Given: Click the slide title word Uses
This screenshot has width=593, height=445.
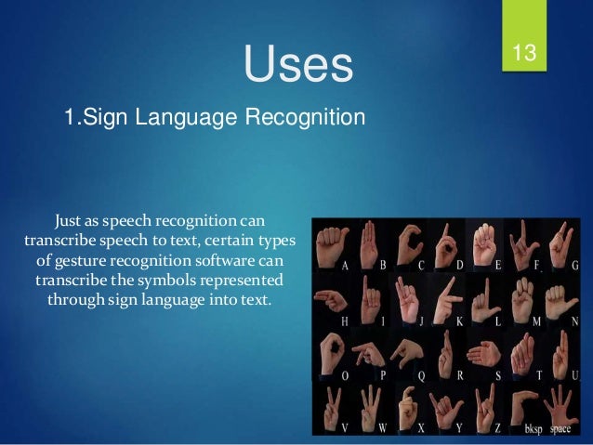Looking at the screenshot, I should pyautogui.click(x=298, y=64).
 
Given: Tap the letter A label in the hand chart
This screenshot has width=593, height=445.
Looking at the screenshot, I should pyautogui.click(x=345, y=266).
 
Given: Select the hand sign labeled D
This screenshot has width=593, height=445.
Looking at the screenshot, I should pyautogui.click(x=443, y=243).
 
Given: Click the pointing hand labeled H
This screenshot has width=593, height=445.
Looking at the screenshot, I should pyautogui.click(x=329, y=298).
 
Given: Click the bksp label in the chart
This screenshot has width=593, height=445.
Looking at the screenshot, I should pyautogui.click(x=533, y=430).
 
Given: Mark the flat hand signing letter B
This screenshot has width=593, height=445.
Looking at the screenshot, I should pyautogui.click(x=369, y=243).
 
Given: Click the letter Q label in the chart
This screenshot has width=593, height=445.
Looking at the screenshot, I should pyautogui.click(x=421, y=375).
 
